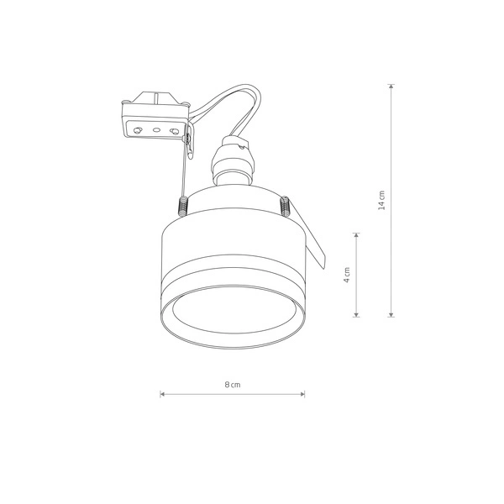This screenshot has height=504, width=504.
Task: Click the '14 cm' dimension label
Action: click(x=382, y=201)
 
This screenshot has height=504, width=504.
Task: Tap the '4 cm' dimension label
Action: click(x=347, y=276)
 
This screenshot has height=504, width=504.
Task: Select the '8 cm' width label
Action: click(x=233, y=384)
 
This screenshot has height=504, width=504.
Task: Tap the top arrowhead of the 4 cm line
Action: click(x=358, y=236)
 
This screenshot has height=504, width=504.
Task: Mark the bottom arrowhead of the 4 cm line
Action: click(x=358, y=315)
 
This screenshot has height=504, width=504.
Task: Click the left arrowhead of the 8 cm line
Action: click(x=162, y=393)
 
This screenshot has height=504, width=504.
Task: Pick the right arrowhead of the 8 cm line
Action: click(x=302, y=393)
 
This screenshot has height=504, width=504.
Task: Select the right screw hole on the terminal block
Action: click(x=175, y=130)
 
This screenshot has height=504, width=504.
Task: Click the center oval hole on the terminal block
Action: click(x=156, y=130)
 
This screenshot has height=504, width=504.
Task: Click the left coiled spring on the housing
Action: click(x=182, y=205)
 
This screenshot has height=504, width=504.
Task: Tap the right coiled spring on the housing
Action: click(x=285, y=205)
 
